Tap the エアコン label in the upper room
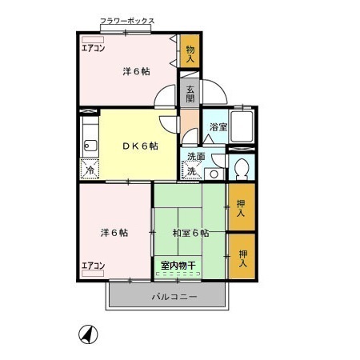tap(93, 47)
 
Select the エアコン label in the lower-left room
tap(93, 266)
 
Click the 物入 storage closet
tap(190, 54)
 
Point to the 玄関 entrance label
tap(190, 94)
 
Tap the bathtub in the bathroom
tap(242, 126)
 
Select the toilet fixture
tap(241, 167)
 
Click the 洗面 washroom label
tap(196, 156)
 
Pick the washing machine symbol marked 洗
tap(192, 170)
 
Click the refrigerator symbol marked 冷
tap(90, 170)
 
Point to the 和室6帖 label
tap(190, 233)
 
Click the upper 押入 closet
tap(242, 207)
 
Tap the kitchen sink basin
tap(90, 146)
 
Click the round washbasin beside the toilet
tap(213, 173)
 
